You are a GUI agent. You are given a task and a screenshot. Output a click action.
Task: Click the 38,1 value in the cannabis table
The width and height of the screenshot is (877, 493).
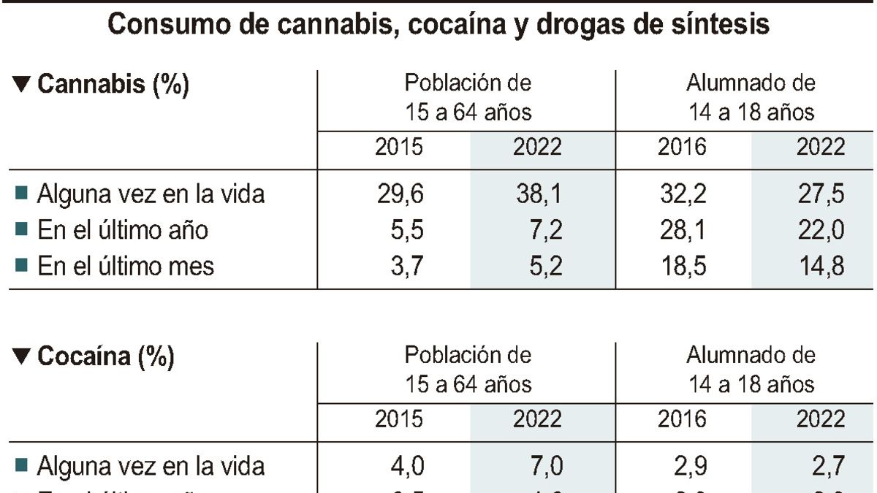(537, 194)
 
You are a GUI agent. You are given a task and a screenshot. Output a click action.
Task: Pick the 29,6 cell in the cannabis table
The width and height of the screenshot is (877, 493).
(399, 194)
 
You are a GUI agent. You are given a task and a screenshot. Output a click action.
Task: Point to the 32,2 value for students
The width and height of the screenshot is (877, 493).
(682, 194)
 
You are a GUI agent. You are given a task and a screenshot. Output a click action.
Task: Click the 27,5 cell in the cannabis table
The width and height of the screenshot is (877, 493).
(820, 194)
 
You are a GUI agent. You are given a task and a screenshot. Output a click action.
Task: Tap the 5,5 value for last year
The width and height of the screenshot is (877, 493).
(406, 230)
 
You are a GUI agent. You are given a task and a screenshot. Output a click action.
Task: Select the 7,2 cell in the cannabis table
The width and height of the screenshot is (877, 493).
(544, 230)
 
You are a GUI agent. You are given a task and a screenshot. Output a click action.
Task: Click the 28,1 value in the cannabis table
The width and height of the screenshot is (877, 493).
(682, 230)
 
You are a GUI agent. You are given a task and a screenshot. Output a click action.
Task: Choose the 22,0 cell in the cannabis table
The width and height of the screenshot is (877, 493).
(820, 230)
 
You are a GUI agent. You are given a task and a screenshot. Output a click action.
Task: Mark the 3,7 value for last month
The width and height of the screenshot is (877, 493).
(406, 266)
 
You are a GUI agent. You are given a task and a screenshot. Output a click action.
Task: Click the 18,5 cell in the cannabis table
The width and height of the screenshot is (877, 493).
(682, 266)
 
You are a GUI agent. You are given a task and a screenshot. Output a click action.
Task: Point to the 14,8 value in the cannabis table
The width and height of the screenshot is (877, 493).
(820, 266)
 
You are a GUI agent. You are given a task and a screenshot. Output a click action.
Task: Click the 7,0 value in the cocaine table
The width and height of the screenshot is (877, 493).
(544, 466)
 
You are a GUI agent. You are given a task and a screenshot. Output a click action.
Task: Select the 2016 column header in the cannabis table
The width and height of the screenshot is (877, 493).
(682, 147)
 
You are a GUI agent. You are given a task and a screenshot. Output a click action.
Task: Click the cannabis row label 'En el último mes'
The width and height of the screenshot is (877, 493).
(125, 266)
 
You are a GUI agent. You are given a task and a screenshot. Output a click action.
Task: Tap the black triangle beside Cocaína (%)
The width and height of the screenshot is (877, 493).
(23, 357)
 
